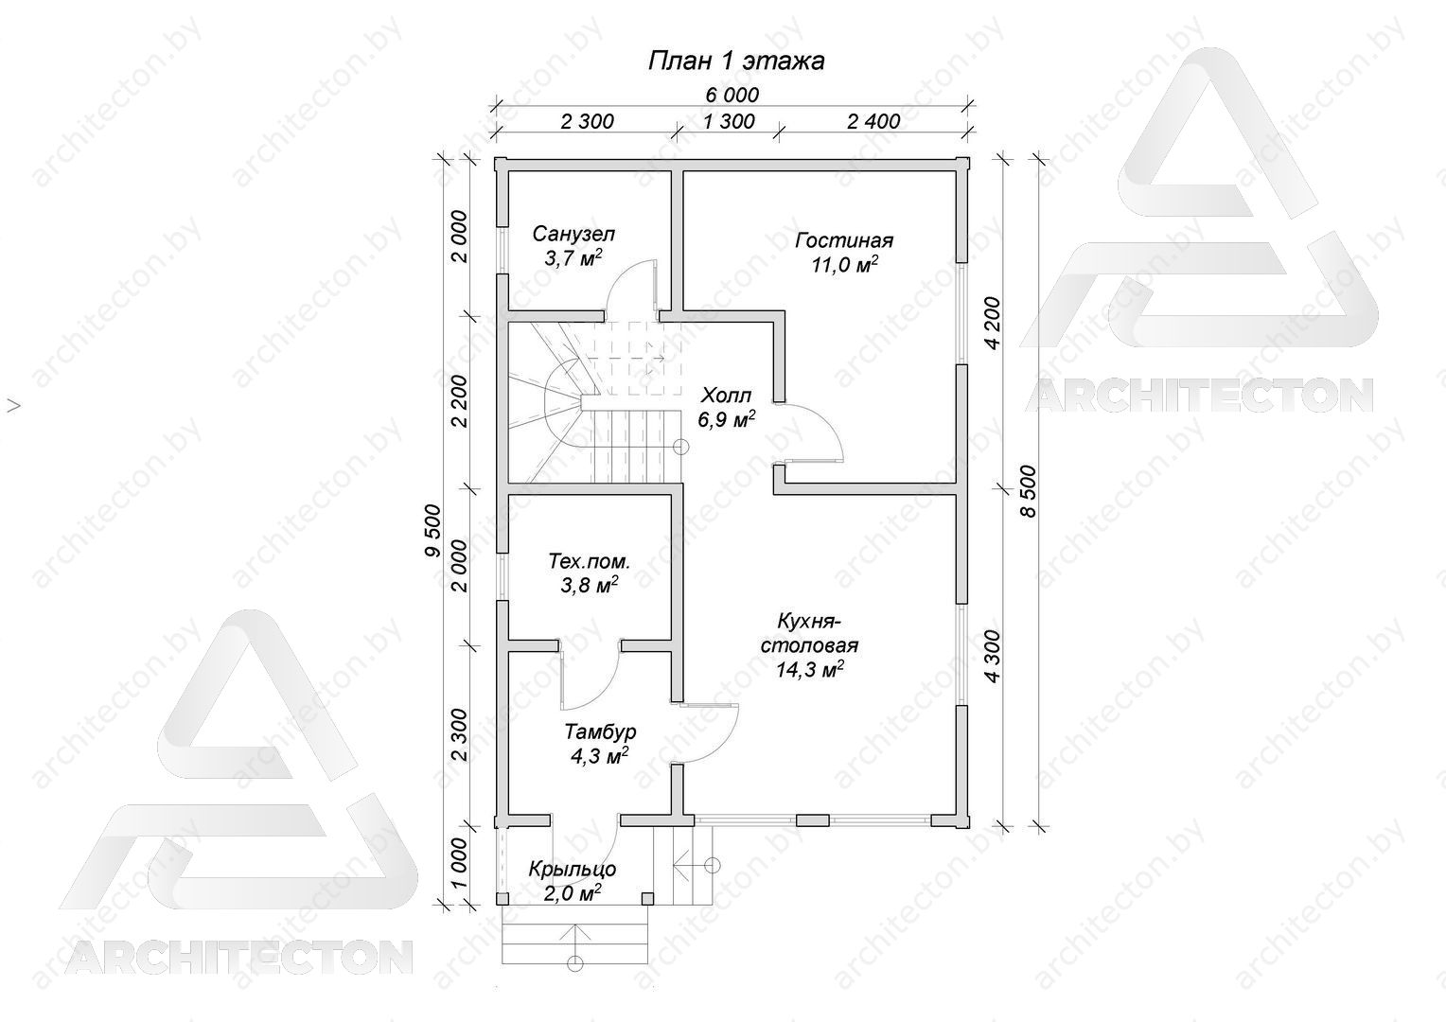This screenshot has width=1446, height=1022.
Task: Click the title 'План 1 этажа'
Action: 736,61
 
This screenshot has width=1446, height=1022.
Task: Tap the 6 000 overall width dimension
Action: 732,95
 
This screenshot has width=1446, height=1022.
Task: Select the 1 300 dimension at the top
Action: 728,121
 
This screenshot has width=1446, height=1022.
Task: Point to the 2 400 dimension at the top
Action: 873,121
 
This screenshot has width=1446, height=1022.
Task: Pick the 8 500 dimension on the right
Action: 1029,491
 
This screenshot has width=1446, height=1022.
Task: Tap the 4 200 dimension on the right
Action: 992,323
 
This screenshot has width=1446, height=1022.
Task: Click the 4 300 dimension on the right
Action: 992,656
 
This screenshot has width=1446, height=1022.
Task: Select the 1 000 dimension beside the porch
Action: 459,865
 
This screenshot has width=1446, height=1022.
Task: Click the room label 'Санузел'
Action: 573,233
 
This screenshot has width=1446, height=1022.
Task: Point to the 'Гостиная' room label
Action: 844,240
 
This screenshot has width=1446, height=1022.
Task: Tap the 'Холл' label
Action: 726,395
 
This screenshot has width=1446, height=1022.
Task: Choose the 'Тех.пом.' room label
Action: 589,561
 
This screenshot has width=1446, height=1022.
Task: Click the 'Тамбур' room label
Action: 600,731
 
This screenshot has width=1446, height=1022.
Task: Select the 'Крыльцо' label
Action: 572,869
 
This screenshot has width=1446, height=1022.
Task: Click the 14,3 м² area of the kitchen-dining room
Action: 809,669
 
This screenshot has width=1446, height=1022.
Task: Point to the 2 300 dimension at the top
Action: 587,121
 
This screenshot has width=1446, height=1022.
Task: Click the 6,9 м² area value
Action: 726,419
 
